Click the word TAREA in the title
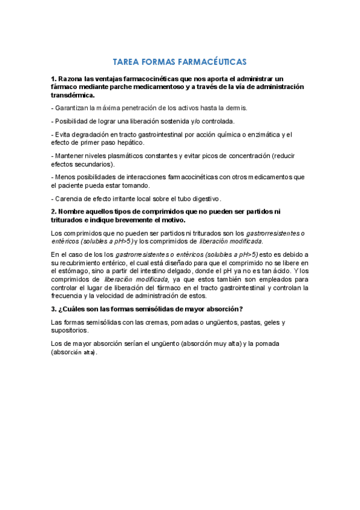126,62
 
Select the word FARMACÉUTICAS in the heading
213,62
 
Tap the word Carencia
69,198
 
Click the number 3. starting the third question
54,309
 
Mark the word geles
265,322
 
